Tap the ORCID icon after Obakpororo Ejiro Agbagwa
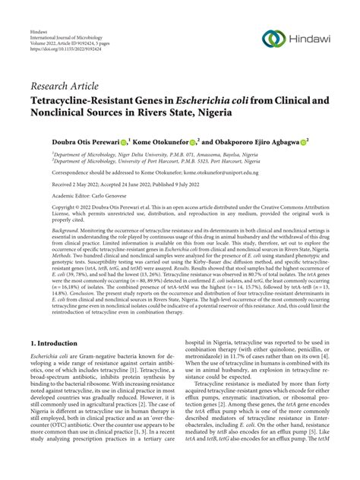pyautogui.click(x=304, y=141)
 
